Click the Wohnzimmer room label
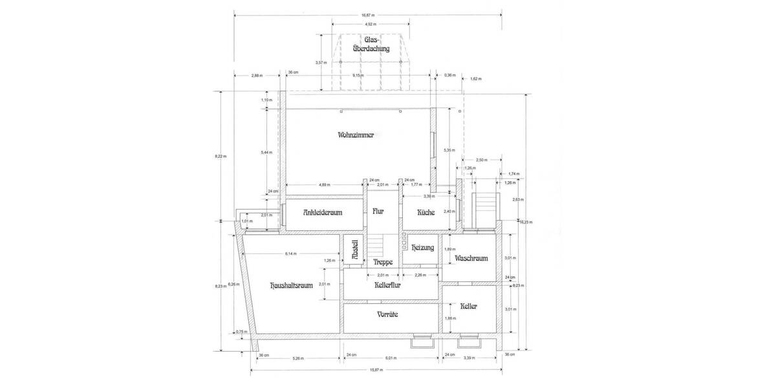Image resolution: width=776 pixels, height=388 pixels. [x=356, y=135]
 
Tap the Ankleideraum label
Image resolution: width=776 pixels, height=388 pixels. [x=314, y=212]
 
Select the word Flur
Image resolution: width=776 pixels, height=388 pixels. [x=378, y=211]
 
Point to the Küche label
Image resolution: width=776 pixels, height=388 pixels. [x=426, y=212]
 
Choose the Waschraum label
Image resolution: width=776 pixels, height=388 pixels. [x=471, y=258]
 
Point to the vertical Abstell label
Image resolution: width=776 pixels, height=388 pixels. [x=354, y=250]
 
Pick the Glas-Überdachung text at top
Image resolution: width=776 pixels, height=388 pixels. [x=368, y=44]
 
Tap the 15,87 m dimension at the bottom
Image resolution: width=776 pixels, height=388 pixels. [x=375, y=370]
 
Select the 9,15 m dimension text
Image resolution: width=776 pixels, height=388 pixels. [x=357, y=76]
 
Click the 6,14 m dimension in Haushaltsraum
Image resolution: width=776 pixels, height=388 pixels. [x=291, y=253]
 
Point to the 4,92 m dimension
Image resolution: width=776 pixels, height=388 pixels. [x=368, y=25]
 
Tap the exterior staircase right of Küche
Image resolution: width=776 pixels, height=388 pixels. [x=485, y=210]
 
